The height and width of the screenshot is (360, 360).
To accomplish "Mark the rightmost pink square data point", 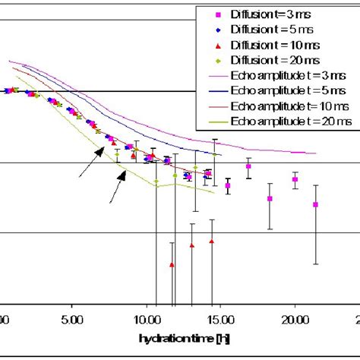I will coord(316,204).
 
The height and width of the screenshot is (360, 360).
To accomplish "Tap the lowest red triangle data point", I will coord(172,264).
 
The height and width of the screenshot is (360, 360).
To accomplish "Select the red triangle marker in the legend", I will coord(218,45).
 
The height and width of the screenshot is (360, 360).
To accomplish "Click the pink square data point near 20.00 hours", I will coord(295,179).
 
